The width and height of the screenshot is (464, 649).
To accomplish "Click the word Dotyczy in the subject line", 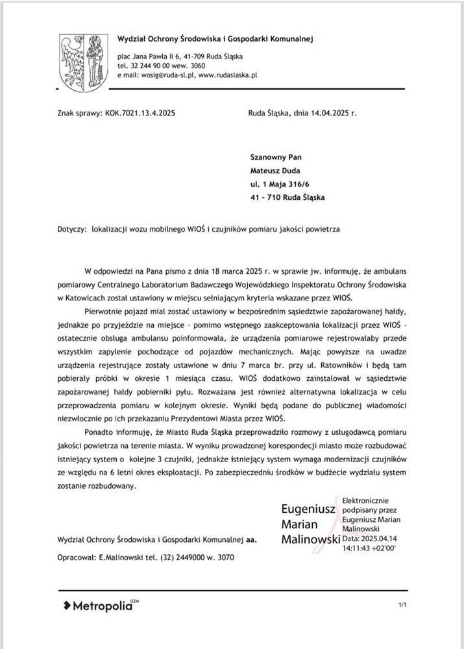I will (x=71, y=228).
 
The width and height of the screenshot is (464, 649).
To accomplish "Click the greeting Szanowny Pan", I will (x=276, y=157).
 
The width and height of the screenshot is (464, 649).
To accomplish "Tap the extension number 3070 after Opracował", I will (x=224, y=557).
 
